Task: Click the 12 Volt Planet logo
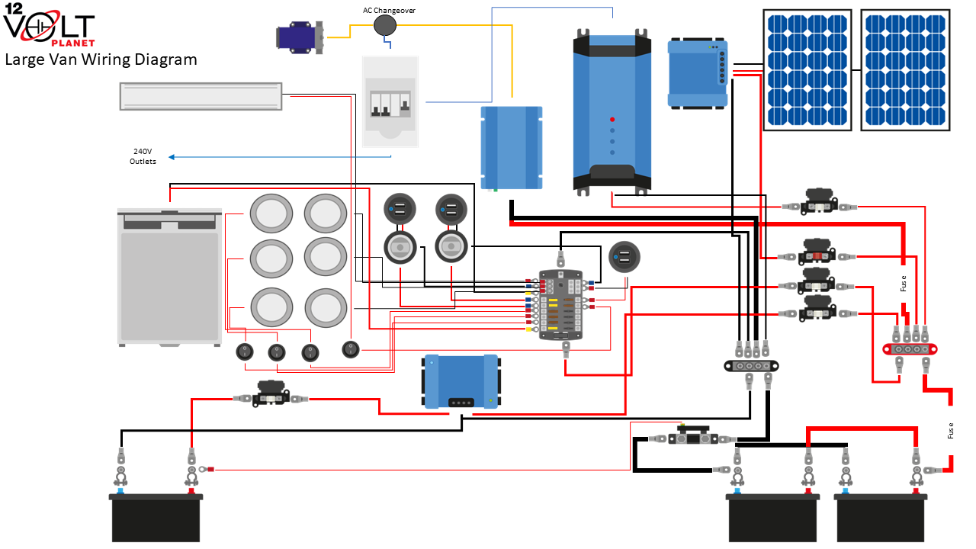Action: [49, 26]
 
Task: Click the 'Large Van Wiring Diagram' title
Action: [101, 59]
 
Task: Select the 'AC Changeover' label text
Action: [389, 10]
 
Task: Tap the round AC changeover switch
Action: [386, 26]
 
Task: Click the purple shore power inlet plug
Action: [300, 37]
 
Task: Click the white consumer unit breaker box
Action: [390, 101]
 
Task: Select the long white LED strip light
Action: [201, 96]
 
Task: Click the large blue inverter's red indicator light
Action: [612, 120]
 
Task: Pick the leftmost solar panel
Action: [807, 70]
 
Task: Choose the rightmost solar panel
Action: [905, 70]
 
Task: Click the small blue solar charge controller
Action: [697, 72]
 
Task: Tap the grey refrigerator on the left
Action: [169, 276]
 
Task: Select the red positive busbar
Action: [910, 348]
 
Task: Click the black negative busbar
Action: [750, 365]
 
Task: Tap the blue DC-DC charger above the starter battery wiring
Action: [461, 380]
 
